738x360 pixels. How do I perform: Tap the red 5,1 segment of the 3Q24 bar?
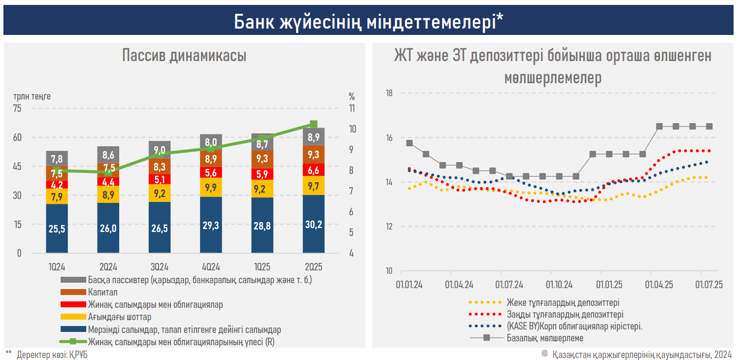pyautogui.click(x=160, y=179)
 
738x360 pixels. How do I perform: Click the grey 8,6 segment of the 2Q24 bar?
pyautogui.click(x=108, y=154)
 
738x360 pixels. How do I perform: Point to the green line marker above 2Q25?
pyautogui.click(x=313, y=124)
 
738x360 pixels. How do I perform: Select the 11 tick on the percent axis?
pyautogui.click(x=352, y=109)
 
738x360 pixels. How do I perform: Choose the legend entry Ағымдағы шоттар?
pyautogui.click(x=120, y=317)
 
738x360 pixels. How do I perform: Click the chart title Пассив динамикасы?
pyautogui.click(x=184, y=56)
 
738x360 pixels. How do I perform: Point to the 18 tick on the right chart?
pyautogui.click(x=388, y=93)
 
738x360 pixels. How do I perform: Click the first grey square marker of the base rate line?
pyautogui.click(x=409, y=143)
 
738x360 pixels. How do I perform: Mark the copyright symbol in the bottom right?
pyautogui.click(x=544, y=354)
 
